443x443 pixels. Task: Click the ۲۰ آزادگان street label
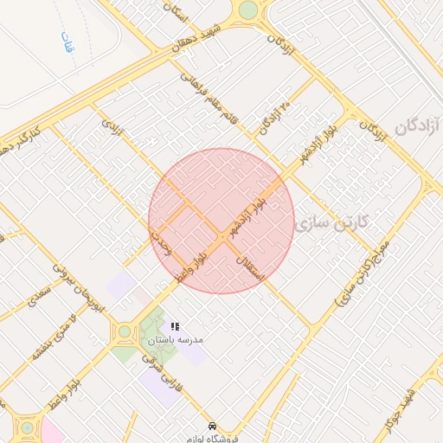coord(275,118)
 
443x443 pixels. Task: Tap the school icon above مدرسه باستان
coord(175,327)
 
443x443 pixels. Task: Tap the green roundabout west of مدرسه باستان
coord(124,331)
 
